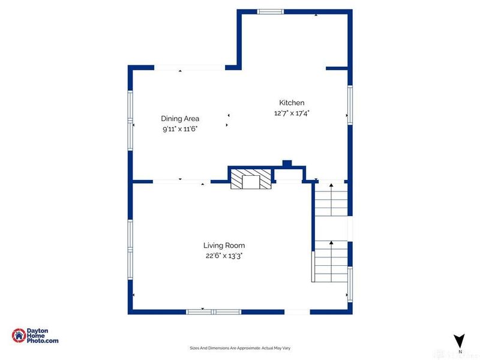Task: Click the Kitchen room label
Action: (292, 103)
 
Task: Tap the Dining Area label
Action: (180, 118)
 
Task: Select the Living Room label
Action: (224, 245)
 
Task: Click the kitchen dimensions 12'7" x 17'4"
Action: (292, 113)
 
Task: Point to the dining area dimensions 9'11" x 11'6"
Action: (180, 129)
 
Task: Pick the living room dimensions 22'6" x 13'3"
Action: (224, 256)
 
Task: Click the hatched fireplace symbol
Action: (251, 179)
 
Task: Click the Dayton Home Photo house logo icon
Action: (19, 335)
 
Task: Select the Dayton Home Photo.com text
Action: (43, 335)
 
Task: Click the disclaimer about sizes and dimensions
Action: (240, 348)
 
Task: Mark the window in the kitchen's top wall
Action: (271, 11)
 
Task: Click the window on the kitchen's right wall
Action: (350, 105)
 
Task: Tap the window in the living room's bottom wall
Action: (214, 312)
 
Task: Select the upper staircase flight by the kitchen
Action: (331, 199)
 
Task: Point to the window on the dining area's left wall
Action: (130, 121)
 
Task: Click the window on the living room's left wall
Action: (130, 250)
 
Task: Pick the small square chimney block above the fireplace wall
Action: (287, 163)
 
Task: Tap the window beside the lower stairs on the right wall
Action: (350, 284)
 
